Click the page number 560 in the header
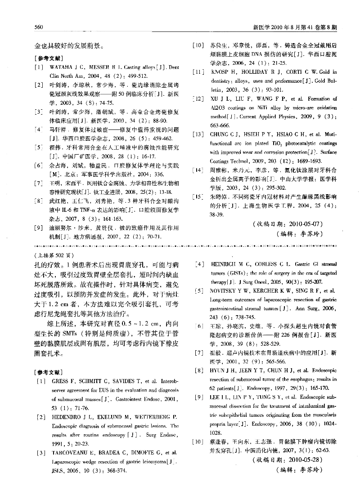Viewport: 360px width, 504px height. click(38, 27)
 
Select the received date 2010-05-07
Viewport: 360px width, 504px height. click(304, 223)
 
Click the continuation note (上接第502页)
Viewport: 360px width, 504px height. click(48, 255)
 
